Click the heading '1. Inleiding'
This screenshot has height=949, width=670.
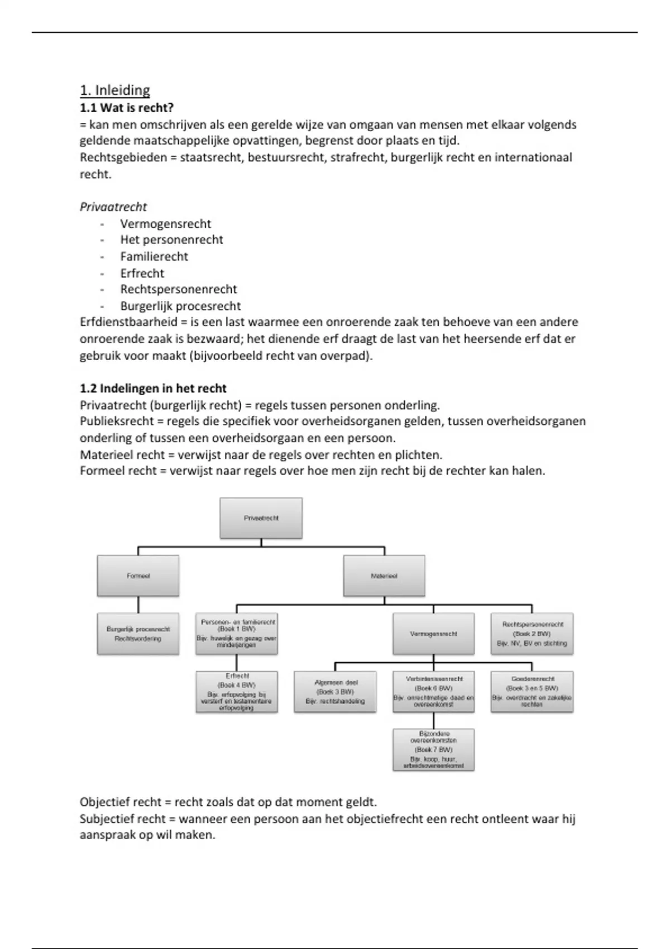[115, 90]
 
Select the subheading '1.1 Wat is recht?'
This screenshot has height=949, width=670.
[127, 108]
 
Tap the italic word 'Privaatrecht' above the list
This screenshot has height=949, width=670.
[113, 207]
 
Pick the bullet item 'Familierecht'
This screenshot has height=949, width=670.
[154, 257]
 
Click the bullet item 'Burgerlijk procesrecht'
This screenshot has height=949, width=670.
[180, 306]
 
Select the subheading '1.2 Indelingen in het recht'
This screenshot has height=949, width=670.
[153, 389]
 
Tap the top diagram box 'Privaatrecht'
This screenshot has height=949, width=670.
[261, 518]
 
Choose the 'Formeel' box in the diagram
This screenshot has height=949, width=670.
[138, 576]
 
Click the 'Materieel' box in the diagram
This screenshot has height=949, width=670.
[384, 576]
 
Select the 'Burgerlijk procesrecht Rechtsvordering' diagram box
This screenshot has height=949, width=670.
[138, 634]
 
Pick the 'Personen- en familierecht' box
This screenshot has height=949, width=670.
[237, 634]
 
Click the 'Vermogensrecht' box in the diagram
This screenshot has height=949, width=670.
[433, 634]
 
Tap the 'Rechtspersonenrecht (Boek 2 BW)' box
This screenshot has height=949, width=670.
[532, 634]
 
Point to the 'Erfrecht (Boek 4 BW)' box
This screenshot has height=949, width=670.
[237, 692]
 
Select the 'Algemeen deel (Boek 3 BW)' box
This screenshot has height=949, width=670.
[335, 692]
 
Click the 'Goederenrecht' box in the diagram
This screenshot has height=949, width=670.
[532, 692]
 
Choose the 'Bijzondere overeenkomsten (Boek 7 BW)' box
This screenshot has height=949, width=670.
[433, 750]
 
